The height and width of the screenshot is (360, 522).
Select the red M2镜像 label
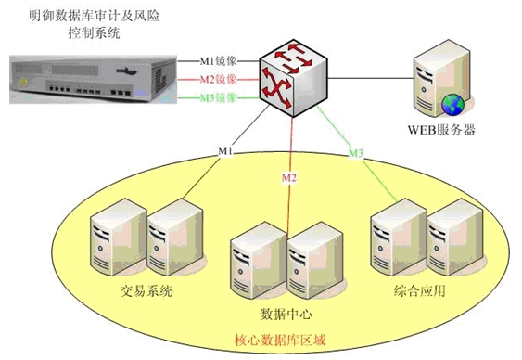point(223,79)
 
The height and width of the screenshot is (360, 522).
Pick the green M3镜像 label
point(223,97)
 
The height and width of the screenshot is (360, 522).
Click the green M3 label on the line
point(356,151)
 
